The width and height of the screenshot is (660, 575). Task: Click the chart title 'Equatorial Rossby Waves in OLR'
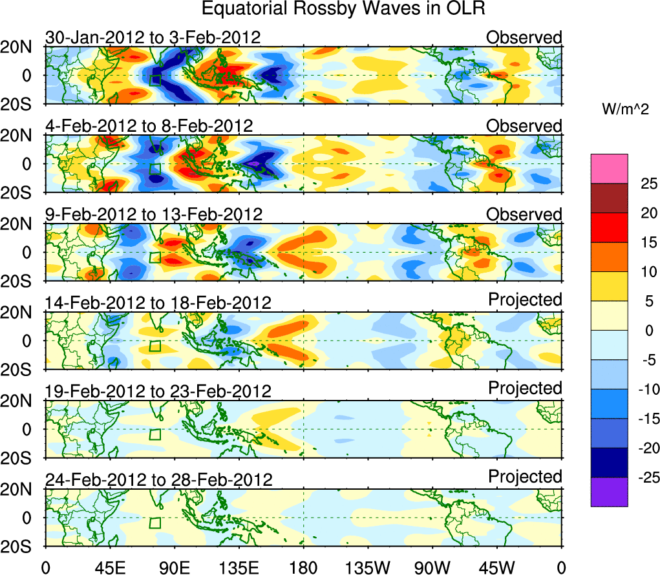point(343,9)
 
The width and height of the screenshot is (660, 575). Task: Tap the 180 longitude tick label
point(303,567)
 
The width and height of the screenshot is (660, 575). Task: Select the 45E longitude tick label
point(109,567)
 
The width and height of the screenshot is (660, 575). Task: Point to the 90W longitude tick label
point(433,567)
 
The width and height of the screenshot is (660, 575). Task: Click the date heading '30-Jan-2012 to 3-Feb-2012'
point(153,37)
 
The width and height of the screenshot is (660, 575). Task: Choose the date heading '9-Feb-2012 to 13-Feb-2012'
point(154,214)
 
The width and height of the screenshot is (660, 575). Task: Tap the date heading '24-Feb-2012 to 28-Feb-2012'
point(158,479)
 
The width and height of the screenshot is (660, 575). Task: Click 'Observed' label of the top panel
point(524,37)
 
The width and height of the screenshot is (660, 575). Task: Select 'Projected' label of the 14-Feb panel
point(525,299)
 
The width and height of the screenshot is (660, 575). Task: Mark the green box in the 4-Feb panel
point(154,169)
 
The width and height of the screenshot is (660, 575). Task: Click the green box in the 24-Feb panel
point(154,523)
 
